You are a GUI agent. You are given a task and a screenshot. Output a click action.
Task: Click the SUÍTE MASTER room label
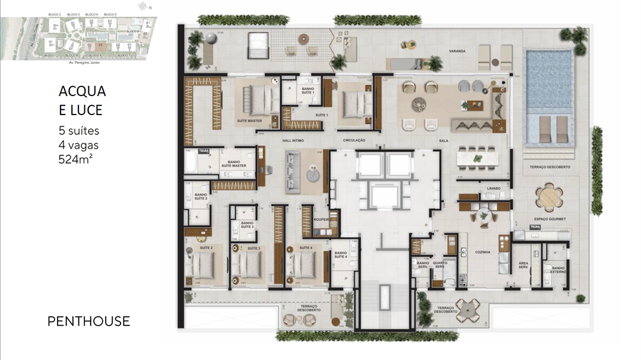coord(249,121)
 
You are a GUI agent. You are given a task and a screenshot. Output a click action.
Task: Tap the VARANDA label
coord(457,52)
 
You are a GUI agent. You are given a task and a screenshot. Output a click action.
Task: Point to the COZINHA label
coord(483,252)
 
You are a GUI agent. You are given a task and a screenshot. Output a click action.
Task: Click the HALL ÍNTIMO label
coord(294,141)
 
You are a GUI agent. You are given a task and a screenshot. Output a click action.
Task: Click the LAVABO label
coord(494,189)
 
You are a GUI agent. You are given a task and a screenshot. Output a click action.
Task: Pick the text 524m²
coord(76,158)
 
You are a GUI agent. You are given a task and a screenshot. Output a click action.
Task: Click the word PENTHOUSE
coord(88,321)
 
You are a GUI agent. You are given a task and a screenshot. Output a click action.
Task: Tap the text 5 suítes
coord(79,130)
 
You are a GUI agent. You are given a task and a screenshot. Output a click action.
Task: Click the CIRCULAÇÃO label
coord(354,141)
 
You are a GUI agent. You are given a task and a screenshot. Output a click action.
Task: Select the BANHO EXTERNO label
coord(559,270)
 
